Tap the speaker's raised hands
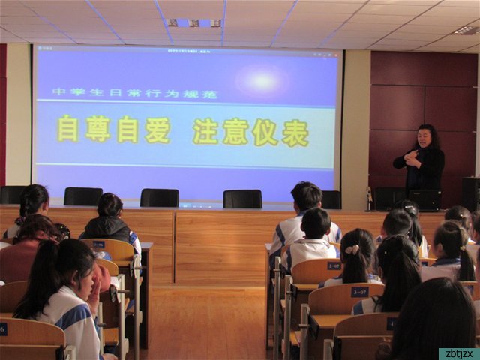point(412,158)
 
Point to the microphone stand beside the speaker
point(368,198)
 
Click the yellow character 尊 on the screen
point(97,129)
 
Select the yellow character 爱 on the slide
point(157,130)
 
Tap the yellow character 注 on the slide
point(205,131)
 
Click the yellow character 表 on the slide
point(295,133)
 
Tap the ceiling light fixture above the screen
point(194,22)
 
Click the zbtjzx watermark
point(458,353)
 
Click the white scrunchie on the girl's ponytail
point(352,249)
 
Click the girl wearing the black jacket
point(109,220)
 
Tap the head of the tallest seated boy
point(306,196)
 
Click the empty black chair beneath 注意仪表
point(242,198)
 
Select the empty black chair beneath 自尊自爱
point(158,197)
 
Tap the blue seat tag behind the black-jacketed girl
point(98,244)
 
